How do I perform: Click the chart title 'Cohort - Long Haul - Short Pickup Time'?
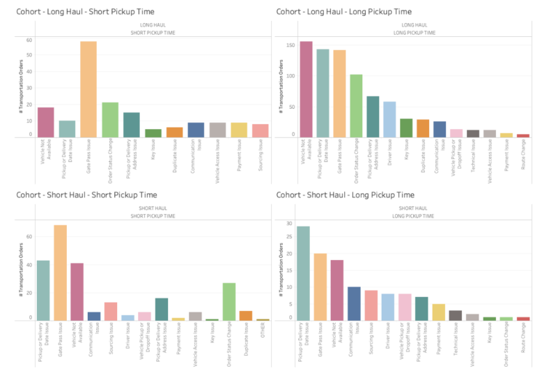[85, 12]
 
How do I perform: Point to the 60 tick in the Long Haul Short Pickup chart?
[29, 40]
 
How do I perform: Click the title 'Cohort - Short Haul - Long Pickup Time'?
[345, 195]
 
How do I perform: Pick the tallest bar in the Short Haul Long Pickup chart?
[303, 273]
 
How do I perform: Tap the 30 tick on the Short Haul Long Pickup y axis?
[289, 223]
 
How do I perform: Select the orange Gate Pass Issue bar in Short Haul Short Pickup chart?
[60, 272]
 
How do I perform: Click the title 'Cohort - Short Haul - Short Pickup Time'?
[86, 195]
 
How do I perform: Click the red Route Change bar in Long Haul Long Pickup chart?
[523, 135]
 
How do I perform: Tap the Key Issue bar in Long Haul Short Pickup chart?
[153, 132]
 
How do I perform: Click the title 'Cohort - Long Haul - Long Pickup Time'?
[343, 12]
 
